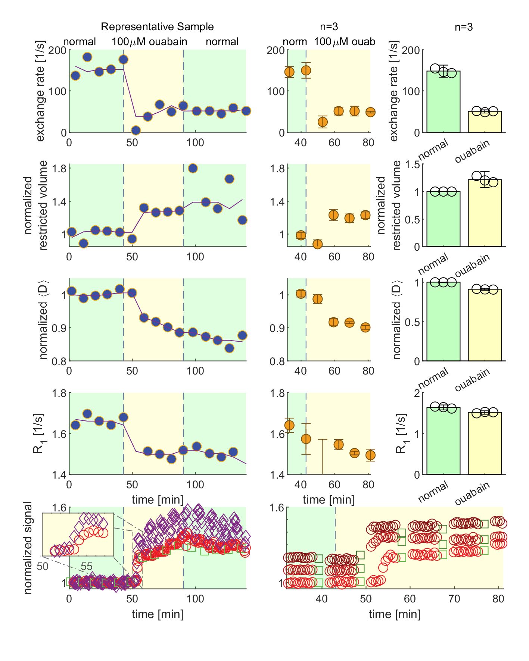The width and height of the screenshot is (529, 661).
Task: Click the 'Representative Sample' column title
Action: [157, 27]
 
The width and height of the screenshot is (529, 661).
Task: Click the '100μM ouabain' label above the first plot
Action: [149, 41]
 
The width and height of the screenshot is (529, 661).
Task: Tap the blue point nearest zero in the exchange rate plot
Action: [136, 130]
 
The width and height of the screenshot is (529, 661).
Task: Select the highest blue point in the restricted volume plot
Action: [193, 168]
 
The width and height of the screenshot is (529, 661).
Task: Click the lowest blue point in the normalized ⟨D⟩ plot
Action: [230, 348]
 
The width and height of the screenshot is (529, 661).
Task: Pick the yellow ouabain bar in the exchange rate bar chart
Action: [485, 122]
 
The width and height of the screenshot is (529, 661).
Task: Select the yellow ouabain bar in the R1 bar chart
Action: [485, 444]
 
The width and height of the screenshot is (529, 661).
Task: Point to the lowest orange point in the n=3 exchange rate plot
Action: [323, 122]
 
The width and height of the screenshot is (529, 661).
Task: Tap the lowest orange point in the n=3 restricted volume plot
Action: [317, 244]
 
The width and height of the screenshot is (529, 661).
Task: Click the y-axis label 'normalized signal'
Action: [28, 548]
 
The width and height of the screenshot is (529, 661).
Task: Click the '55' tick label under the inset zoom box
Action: [87, 566]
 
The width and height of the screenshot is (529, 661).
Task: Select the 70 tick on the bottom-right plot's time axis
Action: [454, 599]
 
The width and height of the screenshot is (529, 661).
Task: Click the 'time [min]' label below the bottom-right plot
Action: [395, 614]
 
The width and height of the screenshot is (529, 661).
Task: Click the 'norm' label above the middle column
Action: [295, 41]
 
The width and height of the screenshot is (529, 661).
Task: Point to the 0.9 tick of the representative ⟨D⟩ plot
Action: [59, 328]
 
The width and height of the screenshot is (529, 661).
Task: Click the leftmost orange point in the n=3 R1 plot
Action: [289, 425]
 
